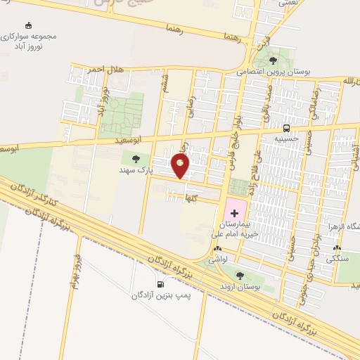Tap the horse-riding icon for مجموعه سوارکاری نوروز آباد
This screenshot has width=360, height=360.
(29, 25)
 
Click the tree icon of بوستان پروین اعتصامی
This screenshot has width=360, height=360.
(273, 60)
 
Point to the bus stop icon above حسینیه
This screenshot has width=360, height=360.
(286, 128)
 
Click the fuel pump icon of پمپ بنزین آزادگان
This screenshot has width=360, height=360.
(161, 284)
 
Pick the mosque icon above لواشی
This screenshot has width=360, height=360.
(217, 249)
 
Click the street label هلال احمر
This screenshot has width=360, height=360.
(105, 70)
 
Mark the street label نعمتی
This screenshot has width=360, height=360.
(288, 4)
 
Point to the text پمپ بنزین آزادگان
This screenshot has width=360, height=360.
(161, 295)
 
